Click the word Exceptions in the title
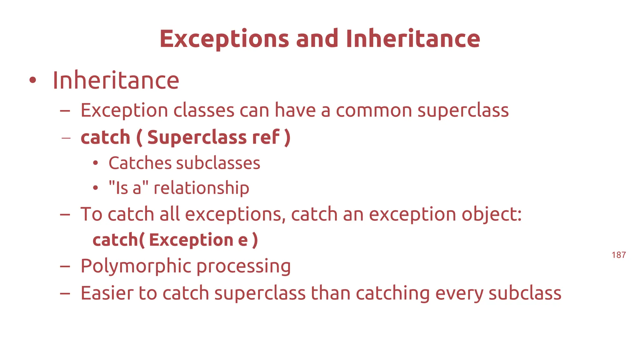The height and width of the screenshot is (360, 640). [224, 39]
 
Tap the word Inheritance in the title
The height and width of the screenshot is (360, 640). [413, 39]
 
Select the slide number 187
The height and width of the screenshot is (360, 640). [618, 255]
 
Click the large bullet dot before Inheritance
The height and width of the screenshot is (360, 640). [32, 80]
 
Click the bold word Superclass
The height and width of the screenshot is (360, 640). [197, 137]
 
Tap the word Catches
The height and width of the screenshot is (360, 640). [140, 163]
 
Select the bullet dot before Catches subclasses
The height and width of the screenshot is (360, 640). [96, 163]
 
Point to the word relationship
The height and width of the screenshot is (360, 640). [201, 188]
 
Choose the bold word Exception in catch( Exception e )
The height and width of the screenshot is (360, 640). [191, 240]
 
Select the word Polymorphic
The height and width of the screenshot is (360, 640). [136, 266]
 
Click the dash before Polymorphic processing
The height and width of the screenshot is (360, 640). [65, 266]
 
